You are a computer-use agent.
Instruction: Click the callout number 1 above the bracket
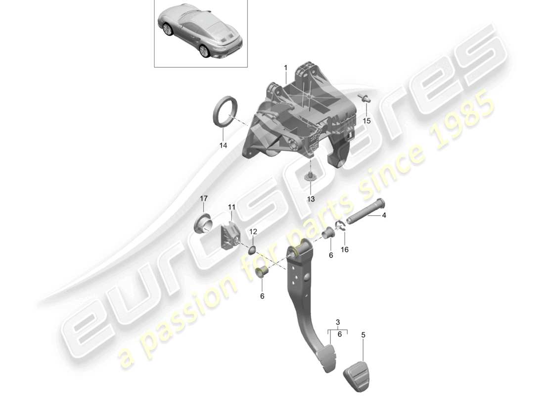coord(285,67)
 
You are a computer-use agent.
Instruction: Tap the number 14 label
coord(223,146)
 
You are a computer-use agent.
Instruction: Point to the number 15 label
coord(366,121)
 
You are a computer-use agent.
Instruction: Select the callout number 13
coord(311,199)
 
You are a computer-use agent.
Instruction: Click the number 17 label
coord(204,199)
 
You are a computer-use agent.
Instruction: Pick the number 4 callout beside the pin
coord(384,215)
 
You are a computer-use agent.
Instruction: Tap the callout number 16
coord(344,250)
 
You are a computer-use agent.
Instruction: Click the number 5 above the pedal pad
coord(363,335)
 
